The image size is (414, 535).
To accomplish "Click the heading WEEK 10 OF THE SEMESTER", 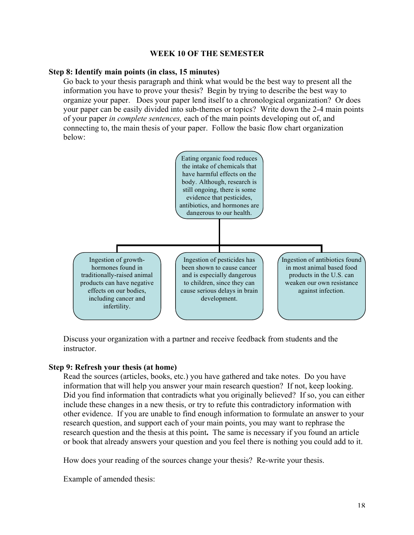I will (x=207, y=53).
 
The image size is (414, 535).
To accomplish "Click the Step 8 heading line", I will (x=134, y=72).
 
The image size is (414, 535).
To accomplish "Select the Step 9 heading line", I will (x=112, y=367).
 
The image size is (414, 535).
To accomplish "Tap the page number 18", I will (x=361, y=505).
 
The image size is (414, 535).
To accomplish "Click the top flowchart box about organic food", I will (x=219, y=185).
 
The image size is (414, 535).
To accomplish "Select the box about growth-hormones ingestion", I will (x=117, y=286).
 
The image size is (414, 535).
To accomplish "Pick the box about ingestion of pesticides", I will (x=219, y=286).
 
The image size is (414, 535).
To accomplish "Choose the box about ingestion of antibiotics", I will (x=321, y=286).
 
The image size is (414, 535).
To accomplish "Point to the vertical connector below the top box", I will (x=219, y=231).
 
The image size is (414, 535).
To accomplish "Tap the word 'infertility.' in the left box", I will (x=117, y=306).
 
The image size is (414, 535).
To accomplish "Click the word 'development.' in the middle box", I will (x=219, y=298).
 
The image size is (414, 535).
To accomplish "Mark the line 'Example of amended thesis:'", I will (x=109, y=479).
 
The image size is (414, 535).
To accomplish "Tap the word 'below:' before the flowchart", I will (x=75, y=137).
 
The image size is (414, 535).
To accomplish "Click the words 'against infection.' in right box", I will (x=321, y=291).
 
